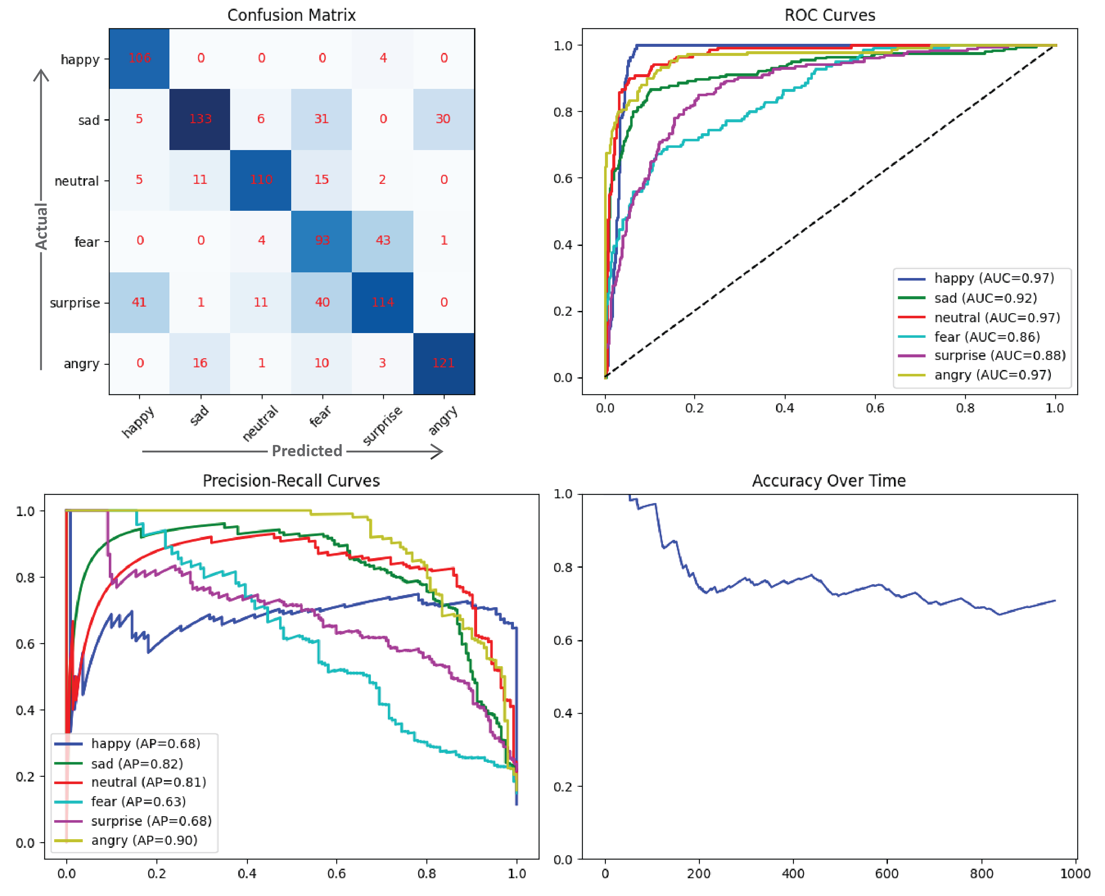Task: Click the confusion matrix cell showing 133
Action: [x=200, y=119]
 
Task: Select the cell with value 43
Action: [x=383, y=241]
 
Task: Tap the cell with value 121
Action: [x=443, y=363]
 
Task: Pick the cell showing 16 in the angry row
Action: [x=200, y=363]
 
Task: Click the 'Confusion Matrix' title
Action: [x=291, y=15]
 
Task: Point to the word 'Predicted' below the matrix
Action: [x=307, y=451]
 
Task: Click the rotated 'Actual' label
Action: [x=41, y=226]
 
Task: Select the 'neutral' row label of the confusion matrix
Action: [x=76, y=181]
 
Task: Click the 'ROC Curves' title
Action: [x=830, y=15]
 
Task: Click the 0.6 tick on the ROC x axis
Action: [x=875, y=408]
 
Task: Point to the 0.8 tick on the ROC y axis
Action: [x=563, y=112]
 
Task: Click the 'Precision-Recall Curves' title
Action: [x=291, y=481]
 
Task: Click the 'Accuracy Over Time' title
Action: [x=829, y=481]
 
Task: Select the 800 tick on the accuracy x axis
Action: [x=981, y=874]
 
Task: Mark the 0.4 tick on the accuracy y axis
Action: [x=563, y=713]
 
